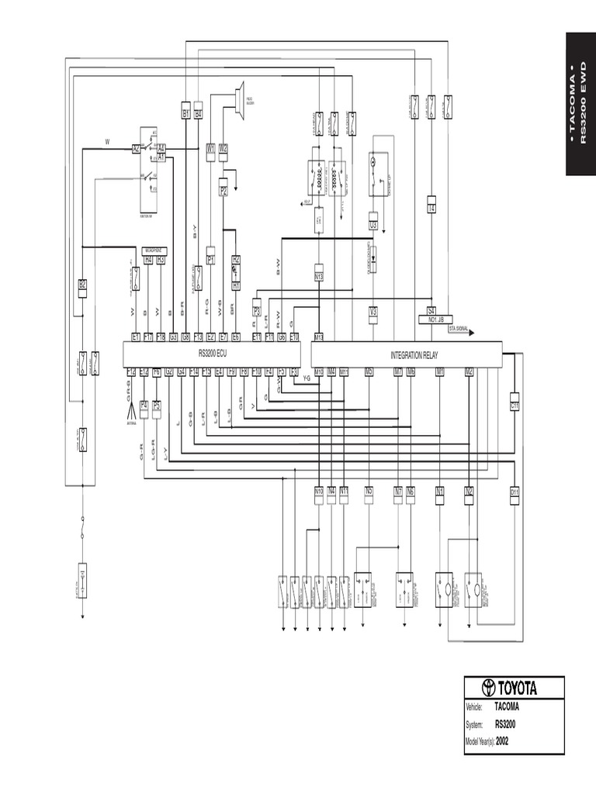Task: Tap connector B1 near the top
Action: click(x=186, y=114)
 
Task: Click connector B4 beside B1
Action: click(x=198, y=114)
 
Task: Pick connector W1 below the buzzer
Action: click(x=210, y=148)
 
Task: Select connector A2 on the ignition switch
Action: click(x=136, y=147)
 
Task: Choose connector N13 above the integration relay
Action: click(x=318, y=276)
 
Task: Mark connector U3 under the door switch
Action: click(x=373, y=225)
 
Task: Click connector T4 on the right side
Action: click(x=431, y=208)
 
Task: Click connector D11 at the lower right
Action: click(x=514, y=491)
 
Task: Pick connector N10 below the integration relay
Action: click(x=318, y=491)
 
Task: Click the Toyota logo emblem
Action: click(x=488, y=688)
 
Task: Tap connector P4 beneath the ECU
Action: click(x=144, y=405)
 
